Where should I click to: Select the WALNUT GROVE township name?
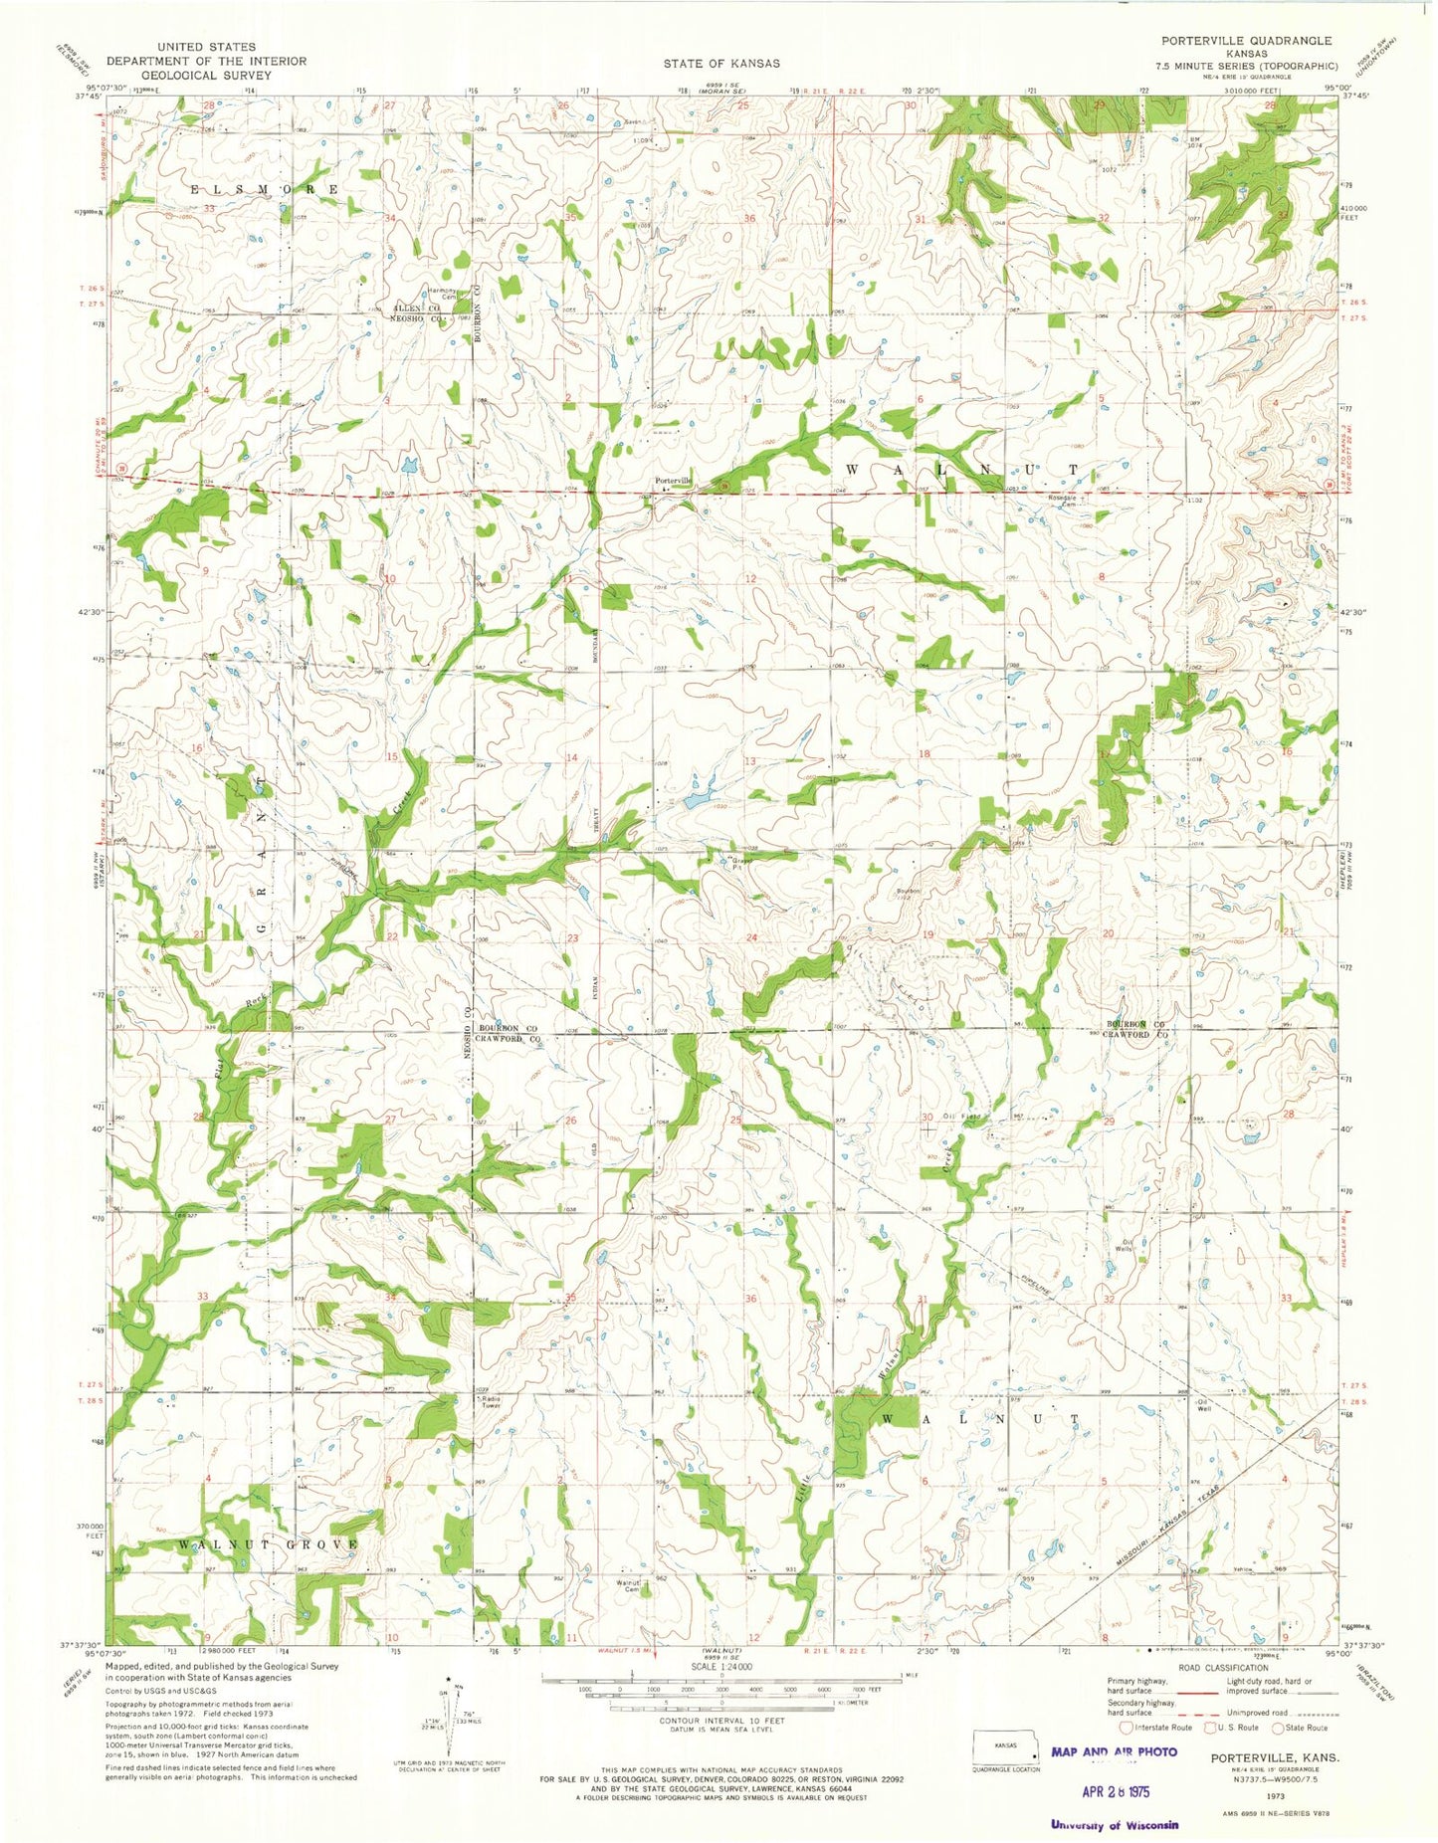click(268, 1543)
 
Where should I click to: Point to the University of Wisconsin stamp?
click(1114, 1824)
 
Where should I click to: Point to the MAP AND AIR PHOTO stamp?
click(1114, 1751)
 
